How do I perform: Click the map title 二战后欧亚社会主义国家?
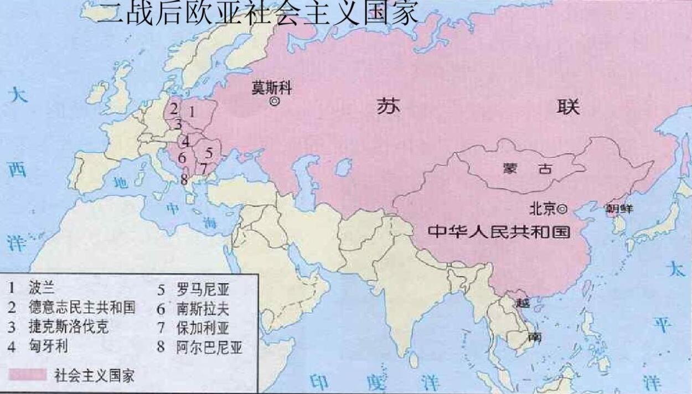tap(257, 13)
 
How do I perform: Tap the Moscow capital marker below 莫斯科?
tap(273, 102)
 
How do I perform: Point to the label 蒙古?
tap(525, 169)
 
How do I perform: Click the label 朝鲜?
tap(618, 209)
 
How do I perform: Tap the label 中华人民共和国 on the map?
tap(499, 231)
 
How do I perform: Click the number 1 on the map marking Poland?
tap(192, 111)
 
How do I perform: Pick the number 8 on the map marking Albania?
tap(184, 179)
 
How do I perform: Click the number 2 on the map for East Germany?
tap(174, 108)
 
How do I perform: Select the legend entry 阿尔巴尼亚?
tap(209, 347)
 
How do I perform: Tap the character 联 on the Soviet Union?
tap(568, 106)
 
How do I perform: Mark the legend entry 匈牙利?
tap(48, 347)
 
